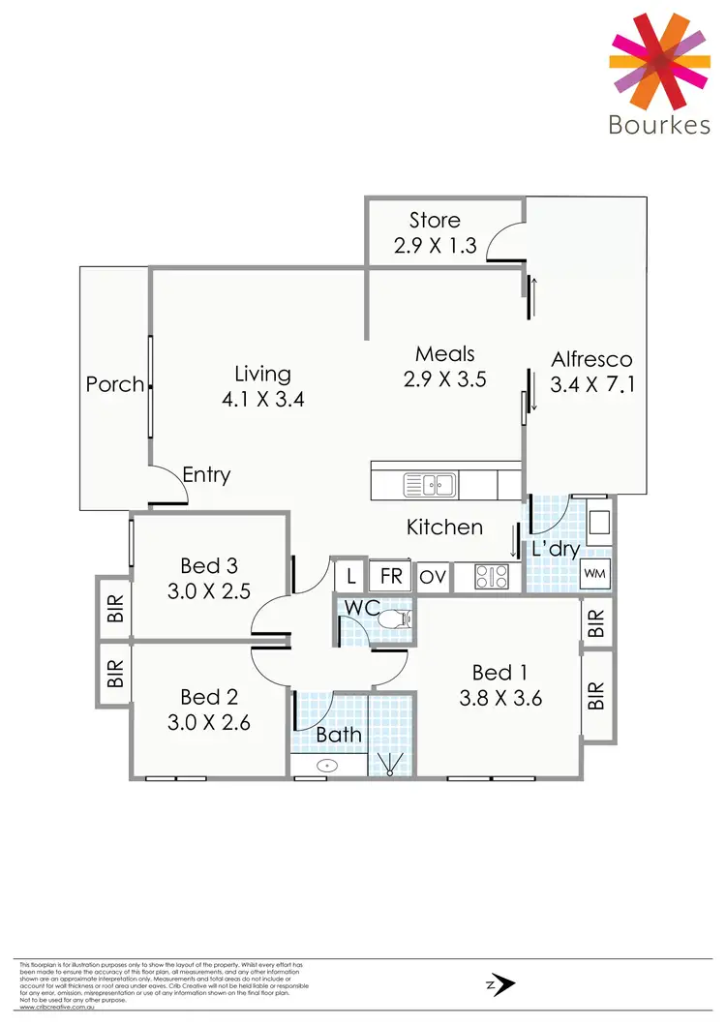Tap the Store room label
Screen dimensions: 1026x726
[435, 221]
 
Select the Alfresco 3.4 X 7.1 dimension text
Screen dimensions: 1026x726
[591, 384]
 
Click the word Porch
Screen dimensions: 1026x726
[114, 384]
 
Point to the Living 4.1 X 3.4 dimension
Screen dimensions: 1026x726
[262, 398]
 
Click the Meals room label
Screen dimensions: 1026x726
[444, 354]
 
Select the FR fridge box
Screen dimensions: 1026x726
[391, 577]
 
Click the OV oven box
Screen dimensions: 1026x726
[433, 577]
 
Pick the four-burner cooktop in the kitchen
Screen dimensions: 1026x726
[490, 577]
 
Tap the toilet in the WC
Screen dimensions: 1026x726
[394, 618]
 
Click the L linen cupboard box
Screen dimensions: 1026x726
[348, 577]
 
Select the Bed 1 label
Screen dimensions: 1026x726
[499, 672]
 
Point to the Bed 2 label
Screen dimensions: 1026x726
[208, 697]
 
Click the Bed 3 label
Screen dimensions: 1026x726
[208, 565]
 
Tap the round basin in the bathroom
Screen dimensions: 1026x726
[329, 766]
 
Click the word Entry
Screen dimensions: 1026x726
[206, 475]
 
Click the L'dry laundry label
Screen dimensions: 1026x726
[556, 549]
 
